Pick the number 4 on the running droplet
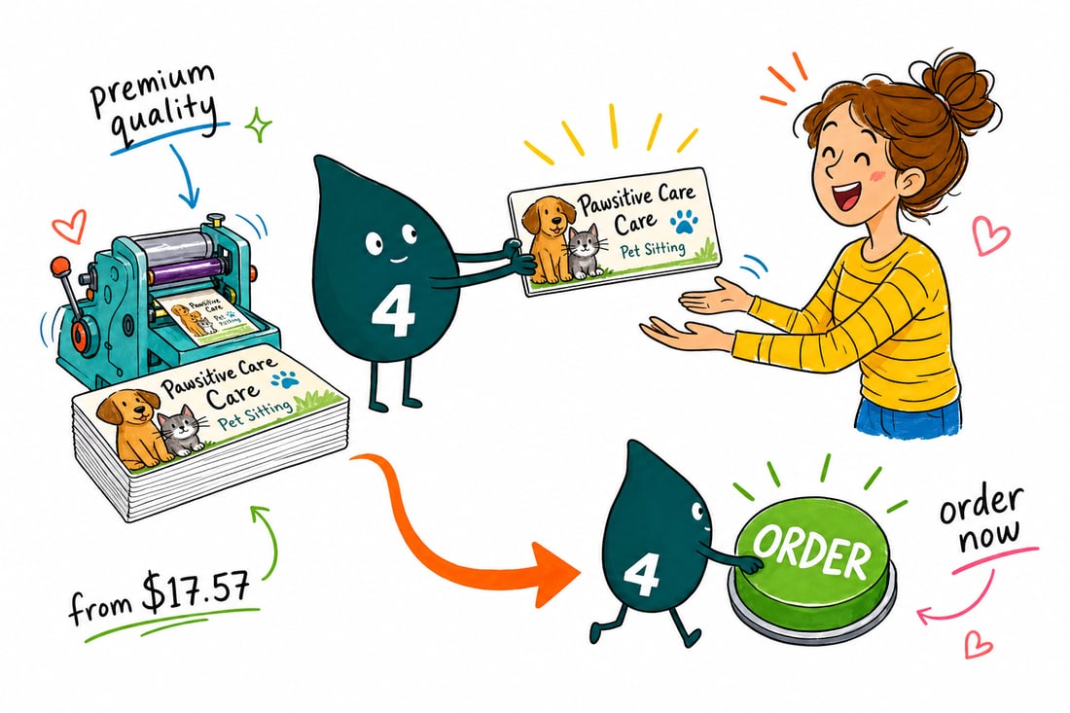point(641,575)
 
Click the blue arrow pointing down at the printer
point(183,175)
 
